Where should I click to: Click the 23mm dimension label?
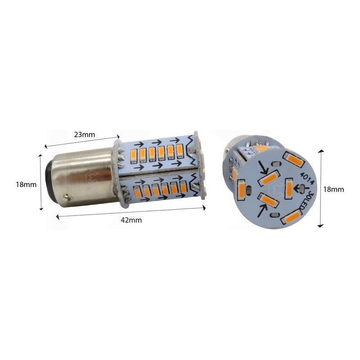84,134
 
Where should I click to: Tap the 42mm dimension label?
132,220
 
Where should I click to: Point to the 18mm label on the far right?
333,189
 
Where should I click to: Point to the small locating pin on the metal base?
67,198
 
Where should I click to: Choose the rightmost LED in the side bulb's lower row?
183,187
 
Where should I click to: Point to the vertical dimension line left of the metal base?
41,182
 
